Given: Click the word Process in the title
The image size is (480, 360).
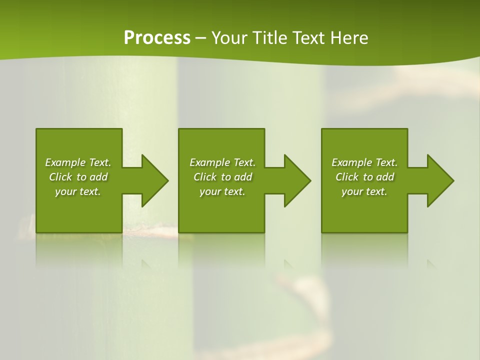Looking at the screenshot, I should point(157,38).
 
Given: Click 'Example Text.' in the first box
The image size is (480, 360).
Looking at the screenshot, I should point(78,162).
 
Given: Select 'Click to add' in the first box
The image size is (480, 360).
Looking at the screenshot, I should point(78,177).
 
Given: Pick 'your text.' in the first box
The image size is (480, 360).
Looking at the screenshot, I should point(78,191).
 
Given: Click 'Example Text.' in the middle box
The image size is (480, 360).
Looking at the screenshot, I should point(222,162).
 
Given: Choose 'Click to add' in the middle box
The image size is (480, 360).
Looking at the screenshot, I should point(222,177).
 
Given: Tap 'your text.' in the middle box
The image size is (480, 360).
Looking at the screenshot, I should point(222,191).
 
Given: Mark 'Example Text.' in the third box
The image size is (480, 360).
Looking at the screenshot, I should point(364,162).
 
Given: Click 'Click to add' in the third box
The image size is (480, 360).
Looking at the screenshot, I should point(364,177).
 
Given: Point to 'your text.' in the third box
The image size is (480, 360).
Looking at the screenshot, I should point(364,191).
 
